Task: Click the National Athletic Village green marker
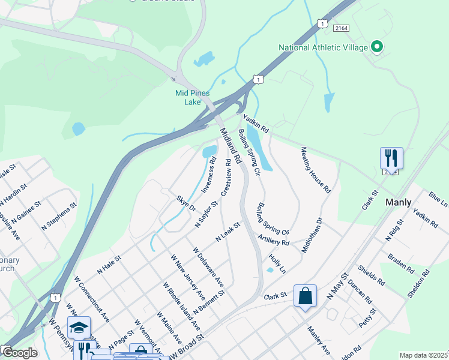coord(377,47)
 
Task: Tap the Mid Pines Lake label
coord(187,98)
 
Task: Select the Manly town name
coord(399,202)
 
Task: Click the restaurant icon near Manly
coord(391,158)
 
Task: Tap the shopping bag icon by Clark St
coord(305,296)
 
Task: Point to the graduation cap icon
coord(79,328)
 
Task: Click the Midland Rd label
coord(230,146)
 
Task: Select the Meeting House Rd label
coord(316,169)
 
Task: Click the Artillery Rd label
coord(274,239)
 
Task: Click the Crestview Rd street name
coord(226,178)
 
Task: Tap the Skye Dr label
coord(186,203)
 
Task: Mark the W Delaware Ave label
coord(208,266)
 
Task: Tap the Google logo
coord(19,352)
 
